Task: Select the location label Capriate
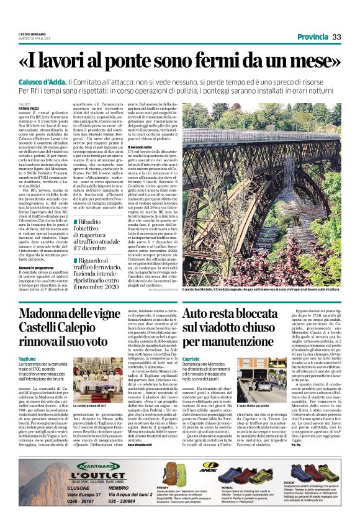pyautogui.click(x=191, y=359)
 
